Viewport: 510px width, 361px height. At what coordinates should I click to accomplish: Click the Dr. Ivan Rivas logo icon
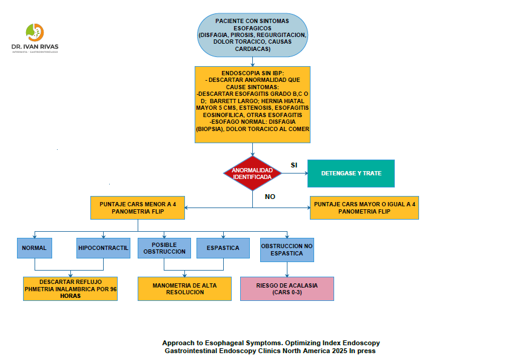click(35, 32)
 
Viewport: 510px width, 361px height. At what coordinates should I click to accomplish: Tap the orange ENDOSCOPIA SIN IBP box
click(252, 104)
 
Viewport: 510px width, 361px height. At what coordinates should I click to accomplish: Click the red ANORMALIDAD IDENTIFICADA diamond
click(252, 173)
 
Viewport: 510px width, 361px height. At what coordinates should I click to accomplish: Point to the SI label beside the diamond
click(294, 165)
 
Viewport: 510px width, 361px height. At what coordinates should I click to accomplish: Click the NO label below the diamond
click(270, 197)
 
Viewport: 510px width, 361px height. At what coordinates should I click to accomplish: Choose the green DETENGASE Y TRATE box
click(351, 174)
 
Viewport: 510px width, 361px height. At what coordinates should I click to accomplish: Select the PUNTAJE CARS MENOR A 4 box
click(138, 208)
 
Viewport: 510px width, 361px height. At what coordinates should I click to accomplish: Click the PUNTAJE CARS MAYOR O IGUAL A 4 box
click(364, 208)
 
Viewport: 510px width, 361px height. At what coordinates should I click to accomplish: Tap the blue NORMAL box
click(35, 248)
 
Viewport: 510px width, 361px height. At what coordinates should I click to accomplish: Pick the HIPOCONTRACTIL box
click(103, 248)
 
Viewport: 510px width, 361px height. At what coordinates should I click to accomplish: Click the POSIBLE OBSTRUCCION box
click(164, 248)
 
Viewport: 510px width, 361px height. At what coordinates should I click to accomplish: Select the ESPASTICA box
click(223, 248)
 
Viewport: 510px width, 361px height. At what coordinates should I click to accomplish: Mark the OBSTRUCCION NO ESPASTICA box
click(287, 249)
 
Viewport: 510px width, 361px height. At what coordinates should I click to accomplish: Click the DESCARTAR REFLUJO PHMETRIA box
click(70, 289)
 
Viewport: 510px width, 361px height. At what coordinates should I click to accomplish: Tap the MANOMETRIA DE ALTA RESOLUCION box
click(185, 289)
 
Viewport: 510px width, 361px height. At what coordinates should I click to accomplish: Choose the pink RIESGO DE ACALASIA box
click(287, 289)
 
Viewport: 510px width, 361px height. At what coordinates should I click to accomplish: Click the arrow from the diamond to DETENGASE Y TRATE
click(295, 174)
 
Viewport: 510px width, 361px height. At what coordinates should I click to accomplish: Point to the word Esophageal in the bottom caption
click(227, 343)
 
